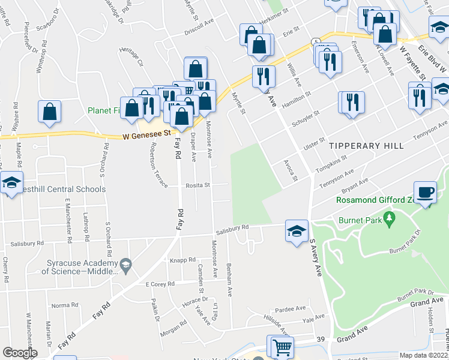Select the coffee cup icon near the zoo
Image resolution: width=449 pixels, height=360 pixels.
point(426,193)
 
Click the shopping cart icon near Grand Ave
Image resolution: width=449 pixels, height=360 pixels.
point(282,346)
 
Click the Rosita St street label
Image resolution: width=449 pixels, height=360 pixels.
point(196,185)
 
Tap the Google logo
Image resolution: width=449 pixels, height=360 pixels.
point(20,353)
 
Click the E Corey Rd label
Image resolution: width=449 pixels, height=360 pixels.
point(160,283)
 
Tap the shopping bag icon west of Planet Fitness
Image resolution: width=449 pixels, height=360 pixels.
point(49,111)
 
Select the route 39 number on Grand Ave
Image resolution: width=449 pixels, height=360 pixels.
point(321,340)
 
